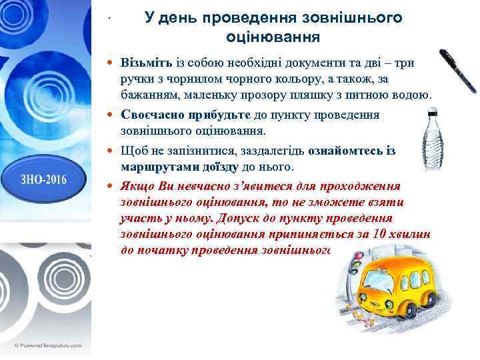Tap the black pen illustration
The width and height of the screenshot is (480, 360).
point(459,71)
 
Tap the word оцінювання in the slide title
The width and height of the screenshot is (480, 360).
point(273,34)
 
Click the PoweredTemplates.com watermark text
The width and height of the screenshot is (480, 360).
point(51,345)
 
